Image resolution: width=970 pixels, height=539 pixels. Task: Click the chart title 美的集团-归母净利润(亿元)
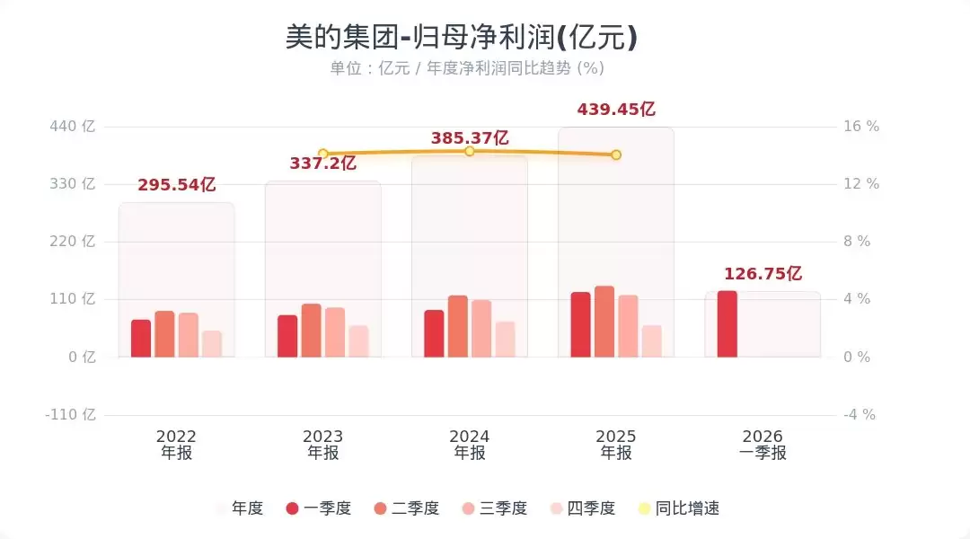pyautogui.click(x=462, y=37)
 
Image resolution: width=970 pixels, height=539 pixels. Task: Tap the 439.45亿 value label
pyautogui.click(x=616, y=110)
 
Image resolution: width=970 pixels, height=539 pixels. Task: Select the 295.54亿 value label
pyautogui.click(x=177, y=185)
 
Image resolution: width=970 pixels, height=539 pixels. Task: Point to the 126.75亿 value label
pyautogui.click(x=763, y=274)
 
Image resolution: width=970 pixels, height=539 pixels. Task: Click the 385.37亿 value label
pyautogui.click(x=470, y=138)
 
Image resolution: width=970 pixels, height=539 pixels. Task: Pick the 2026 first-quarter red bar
pyautogui.click(x=727, y=323)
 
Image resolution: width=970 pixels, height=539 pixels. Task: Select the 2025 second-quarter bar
pyautogui.click(x=604, y=322)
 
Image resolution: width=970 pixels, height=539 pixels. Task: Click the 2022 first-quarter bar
pyautogui.click(x=141, y=338)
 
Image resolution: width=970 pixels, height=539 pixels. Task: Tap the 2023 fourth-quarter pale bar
pyautogui.click(x=358, y=341)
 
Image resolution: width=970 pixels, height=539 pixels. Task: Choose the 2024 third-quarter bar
pyautogui.click(x=481, y=328)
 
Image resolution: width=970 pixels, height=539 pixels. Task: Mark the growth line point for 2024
pyautogui.click(x=470, y=151)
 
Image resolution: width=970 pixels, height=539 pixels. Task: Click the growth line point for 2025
pyautogui.click(x=616, y=155)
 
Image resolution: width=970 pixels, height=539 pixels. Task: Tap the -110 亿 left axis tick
pyautogui.click(x=70, y=415)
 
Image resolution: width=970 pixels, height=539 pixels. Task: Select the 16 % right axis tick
pyautogui.click(x=860, y=127)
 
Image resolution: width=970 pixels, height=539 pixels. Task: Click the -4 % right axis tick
pyautogui.click(x=859, y=415)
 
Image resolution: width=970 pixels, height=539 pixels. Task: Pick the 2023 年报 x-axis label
pyautogui.click(x=323, y=445)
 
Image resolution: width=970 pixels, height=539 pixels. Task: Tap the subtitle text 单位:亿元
pyautogui.click(x=370, y=68)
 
